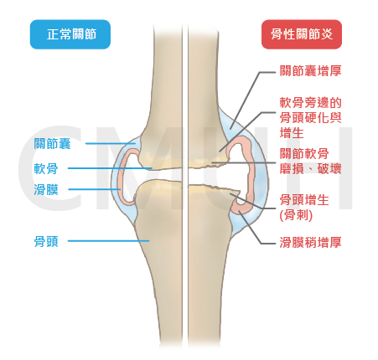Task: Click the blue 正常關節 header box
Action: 70,34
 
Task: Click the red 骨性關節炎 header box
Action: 302,34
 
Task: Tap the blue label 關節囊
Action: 52,144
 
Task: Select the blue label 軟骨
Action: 46,168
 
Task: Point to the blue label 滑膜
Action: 46,190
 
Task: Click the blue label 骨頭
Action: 46,241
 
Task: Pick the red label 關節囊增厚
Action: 310,71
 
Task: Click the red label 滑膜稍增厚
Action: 310,242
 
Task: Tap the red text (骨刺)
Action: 296,215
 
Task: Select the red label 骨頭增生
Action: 304,200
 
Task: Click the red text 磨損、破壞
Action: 310,169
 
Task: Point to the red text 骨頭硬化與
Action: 310,118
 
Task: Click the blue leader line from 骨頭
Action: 108,241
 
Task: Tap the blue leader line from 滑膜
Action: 95,189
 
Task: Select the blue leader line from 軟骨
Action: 110,168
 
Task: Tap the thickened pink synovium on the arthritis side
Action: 251,178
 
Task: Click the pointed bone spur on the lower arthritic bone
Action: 237,194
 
